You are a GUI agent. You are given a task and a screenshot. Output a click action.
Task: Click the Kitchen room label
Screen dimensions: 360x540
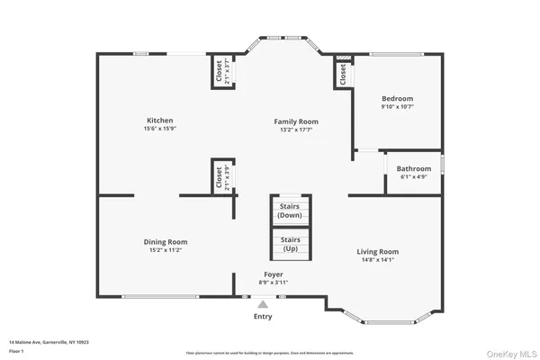point(160,121)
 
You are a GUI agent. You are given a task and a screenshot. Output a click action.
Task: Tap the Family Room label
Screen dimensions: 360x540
point(296,121)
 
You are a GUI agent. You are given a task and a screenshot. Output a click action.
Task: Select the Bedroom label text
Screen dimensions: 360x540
point(397,98)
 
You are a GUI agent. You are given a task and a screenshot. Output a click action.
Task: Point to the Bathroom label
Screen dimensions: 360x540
point(415,168)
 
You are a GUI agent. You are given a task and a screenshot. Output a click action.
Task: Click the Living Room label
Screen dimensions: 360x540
point(377,252)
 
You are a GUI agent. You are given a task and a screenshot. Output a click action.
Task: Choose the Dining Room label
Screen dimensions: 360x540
point(166,241)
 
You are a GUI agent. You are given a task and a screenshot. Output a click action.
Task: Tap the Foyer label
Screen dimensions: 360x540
point(274,274)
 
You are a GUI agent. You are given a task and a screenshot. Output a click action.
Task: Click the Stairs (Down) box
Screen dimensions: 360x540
point(290,211)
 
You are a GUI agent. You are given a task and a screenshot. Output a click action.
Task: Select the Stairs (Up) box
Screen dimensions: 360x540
point(290,243)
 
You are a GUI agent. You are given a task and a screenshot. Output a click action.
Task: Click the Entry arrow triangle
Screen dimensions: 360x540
point(263,305)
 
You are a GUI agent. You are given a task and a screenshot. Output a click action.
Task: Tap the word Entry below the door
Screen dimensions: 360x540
point(263,316)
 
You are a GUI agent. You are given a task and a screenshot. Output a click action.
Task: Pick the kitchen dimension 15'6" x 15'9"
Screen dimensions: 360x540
point(160,130)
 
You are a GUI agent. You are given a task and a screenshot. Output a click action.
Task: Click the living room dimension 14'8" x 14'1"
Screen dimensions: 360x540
point(377,262)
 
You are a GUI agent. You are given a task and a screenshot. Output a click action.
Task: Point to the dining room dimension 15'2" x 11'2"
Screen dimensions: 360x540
point(166,250)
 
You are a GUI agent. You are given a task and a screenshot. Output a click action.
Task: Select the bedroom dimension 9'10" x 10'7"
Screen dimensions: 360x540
point(397,107)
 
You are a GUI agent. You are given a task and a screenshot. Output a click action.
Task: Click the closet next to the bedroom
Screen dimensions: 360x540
point(342,75)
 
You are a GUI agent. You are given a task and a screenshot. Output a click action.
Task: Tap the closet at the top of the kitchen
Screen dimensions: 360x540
point(219,72)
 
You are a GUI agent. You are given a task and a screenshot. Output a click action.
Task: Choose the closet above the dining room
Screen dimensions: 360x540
point(219,176)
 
